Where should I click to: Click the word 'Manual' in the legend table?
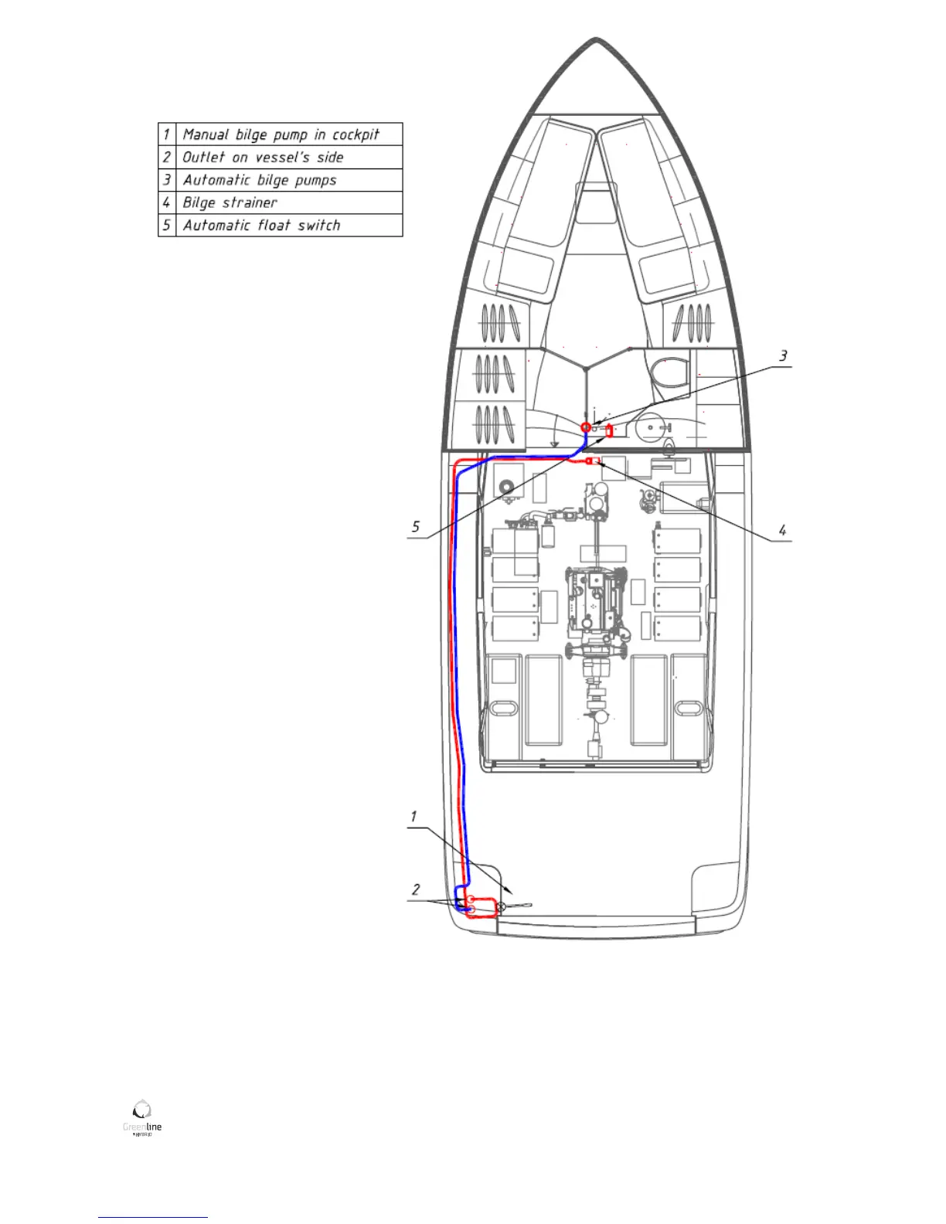[206, 134]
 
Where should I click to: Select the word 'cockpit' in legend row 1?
[356, 134]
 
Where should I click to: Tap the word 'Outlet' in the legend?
[203, 157]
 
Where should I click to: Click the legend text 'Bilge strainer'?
[230, 202]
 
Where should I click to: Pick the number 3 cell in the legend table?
[166, 180]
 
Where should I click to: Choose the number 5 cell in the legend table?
[166, 225]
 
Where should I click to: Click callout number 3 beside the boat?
[783, 356]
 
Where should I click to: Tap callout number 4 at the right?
[782, 530]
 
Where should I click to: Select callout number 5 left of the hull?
[416, 527]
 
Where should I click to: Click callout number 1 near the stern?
[413, 817]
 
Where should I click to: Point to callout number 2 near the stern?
[416, 889]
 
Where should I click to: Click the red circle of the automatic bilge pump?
[586, 427]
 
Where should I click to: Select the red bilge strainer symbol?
[592, 461]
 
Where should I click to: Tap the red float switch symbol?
[609, 430]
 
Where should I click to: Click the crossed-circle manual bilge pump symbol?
[501, 906]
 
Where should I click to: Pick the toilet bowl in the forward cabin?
[664, 371]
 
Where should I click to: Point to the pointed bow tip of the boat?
[596, 39]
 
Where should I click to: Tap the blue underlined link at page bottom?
[153, 1217]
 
